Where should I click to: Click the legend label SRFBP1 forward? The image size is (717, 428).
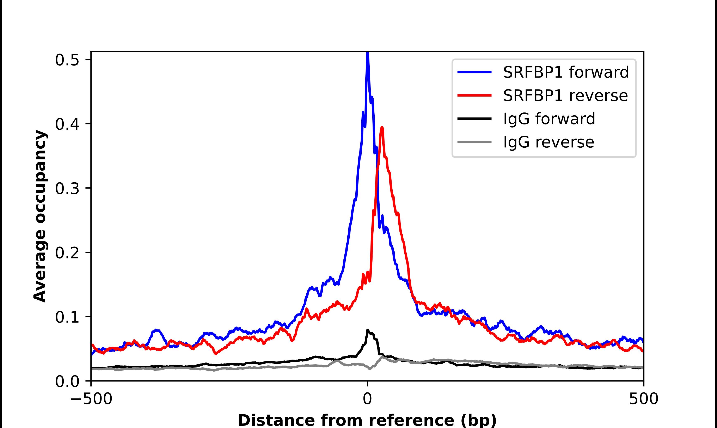566,72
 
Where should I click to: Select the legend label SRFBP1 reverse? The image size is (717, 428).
565,96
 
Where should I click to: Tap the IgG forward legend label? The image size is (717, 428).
549,119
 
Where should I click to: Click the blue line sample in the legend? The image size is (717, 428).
474,72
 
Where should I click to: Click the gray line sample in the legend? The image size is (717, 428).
474,142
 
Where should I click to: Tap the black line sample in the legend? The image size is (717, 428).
474,118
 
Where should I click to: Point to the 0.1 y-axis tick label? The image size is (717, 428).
67,317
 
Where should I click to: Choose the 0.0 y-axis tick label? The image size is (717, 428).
67,381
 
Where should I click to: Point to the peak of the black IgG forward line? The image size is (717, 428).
368,330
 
